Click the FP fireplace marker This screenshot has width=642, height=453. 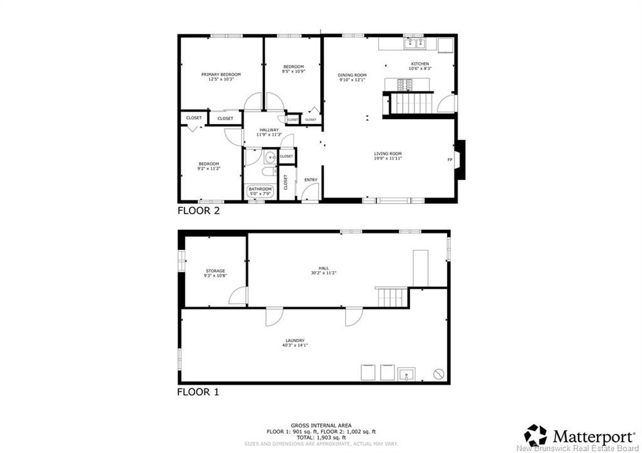[x=450, y=159]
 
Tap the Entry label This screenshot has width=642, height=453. [x=310, y=180]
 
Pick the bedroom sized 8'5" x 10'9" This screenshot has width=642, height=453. [x=293, y=69]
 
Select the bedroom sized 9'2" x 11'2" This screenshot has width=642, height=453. [x=209, y=166]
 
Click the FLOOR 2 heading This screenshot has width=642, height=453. [x=198, y=211]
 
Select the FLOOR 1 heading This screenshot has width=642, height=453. [x=198, y=393]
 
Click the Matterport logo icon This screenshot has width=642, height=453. [x=535, y=435]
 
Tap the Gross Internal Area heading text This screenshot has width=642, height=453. [x=320, y=425]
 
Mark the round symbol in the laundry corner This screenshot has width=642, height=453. [x=439, y=375]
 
